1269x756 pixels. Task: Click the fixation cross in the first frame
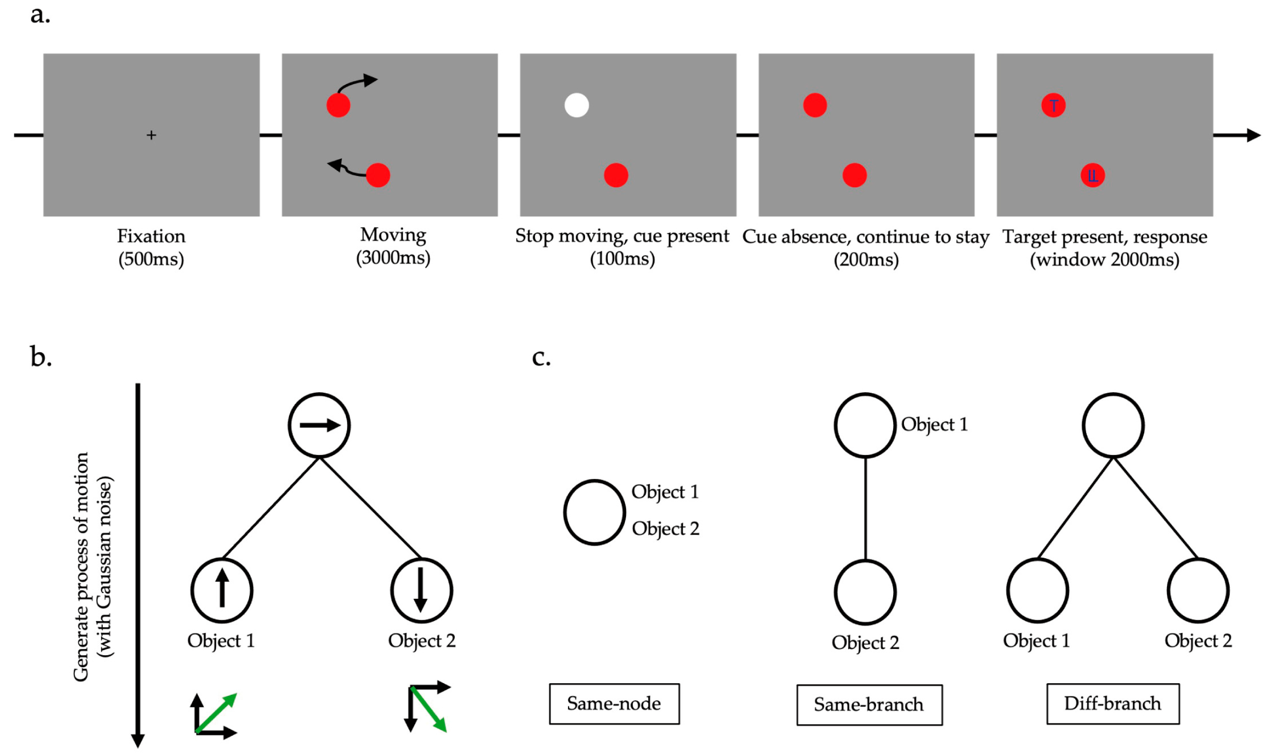pos(151,135)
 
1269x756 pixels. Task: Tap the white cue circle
pos(577,105)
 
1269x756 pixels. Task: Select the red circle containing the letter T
pos(1053,105)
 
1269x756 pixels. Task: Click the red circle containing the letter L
pos(1092,175)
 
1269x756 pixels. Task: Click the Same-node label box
pos(614,703)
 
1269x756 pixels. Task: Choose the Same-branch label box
pos(869,705)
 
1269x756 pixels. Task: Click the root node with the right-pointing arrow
pos(319,425)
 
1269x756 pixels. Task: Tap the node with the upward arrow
pos(222,590)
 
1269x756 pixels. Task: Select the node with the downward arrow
pos(421,590)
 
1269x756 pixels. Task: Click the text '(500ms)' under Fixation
pos(151,259)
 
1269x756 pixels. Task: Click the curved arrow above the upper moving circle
pos(357,83)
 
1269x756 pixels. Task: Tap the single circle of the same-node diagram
pos(595,512)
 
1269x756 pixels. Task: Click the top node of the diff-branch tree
pos(1113,425)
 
